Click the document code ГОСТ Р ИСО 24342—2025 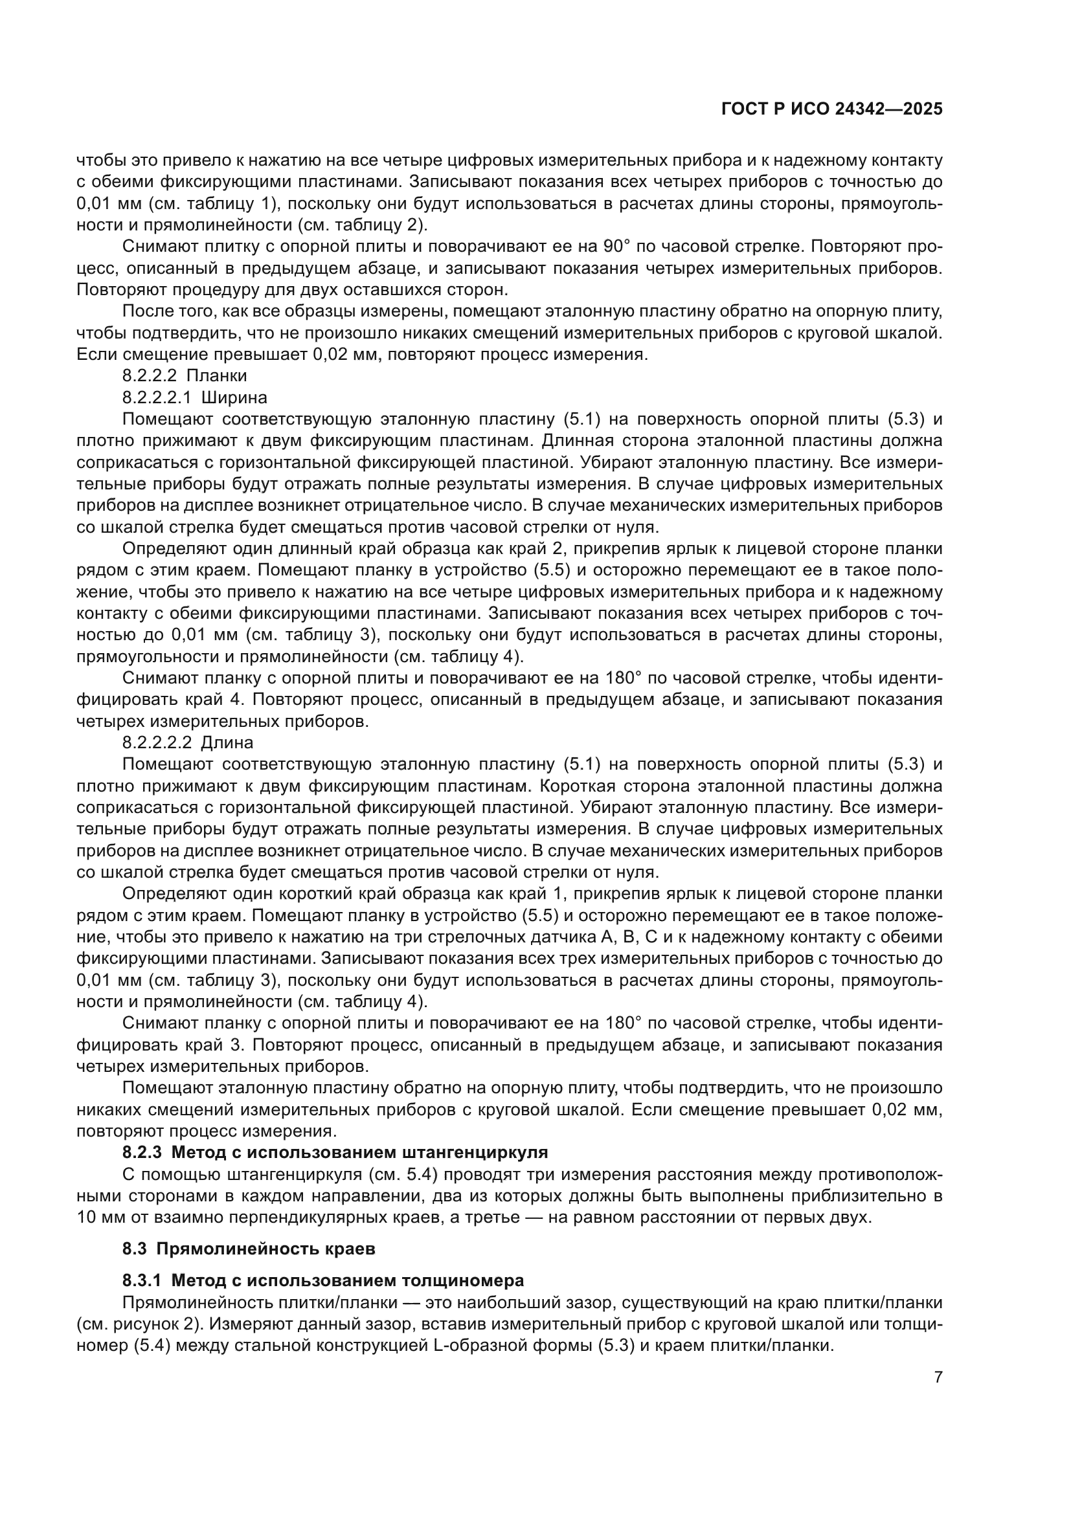click(831, 109)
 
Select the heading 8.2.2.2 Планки click(184, 376)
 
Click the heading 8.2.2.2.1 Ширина click(194, 397)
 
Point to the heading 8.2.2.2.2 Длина click(187, 742)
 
